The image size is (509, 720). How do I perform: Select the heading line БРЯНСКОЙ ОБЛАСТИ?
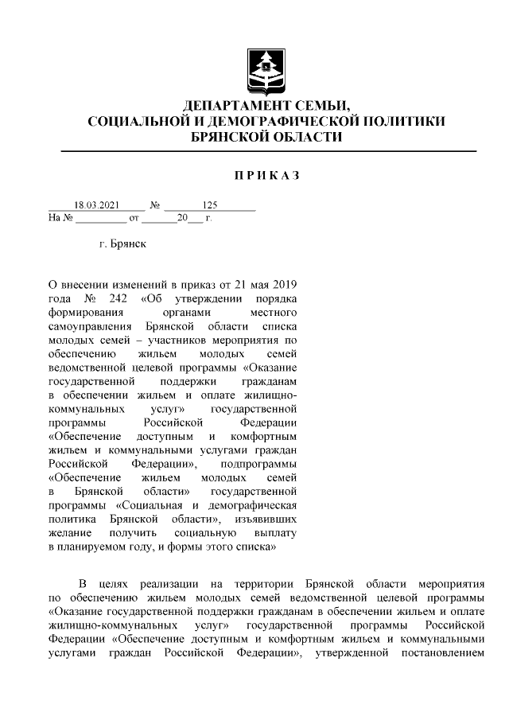point(267,137)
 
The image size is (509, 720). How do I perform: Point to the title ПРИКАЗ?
point(266,175)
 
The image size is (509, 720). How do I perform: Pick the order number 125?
point(210,204)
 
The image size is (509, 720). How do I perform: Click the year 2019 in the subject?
point(283,284)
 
